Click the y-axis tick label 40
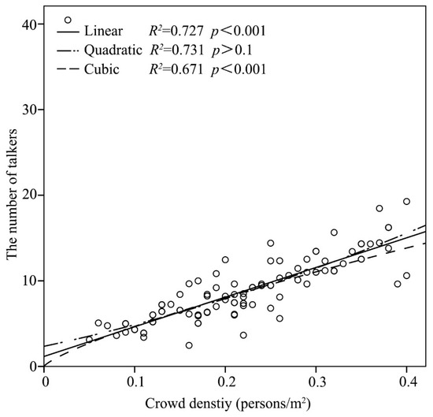pyautogui.click(x=29, y=24)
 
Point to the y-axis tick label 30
pyautogui.click(x=29, y=110)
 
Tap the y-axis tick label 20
pyautogui.click(x=29, y=195)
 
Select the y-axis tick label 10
pyautogui.click(x=29, y=281)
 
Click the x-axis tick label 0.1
pyautogui.click(x=135, y=379)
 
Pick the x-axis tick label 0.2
pyautogui.click(x=225, y=379)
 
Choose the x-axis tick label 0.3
pyautogui.click(x=316, y=379)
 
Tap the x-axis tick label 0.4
pyautogui.click(x=406, y=379)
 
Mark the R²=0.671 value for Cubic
pyautogui.click(x=178, y=69)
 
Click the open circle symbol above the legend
pyautogui.click(x=68, y=20)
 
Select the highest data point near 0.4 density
pyautogui.click(x=406, y=202)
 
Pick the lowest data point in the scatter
pyautogui.click(x=189, y=345)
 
